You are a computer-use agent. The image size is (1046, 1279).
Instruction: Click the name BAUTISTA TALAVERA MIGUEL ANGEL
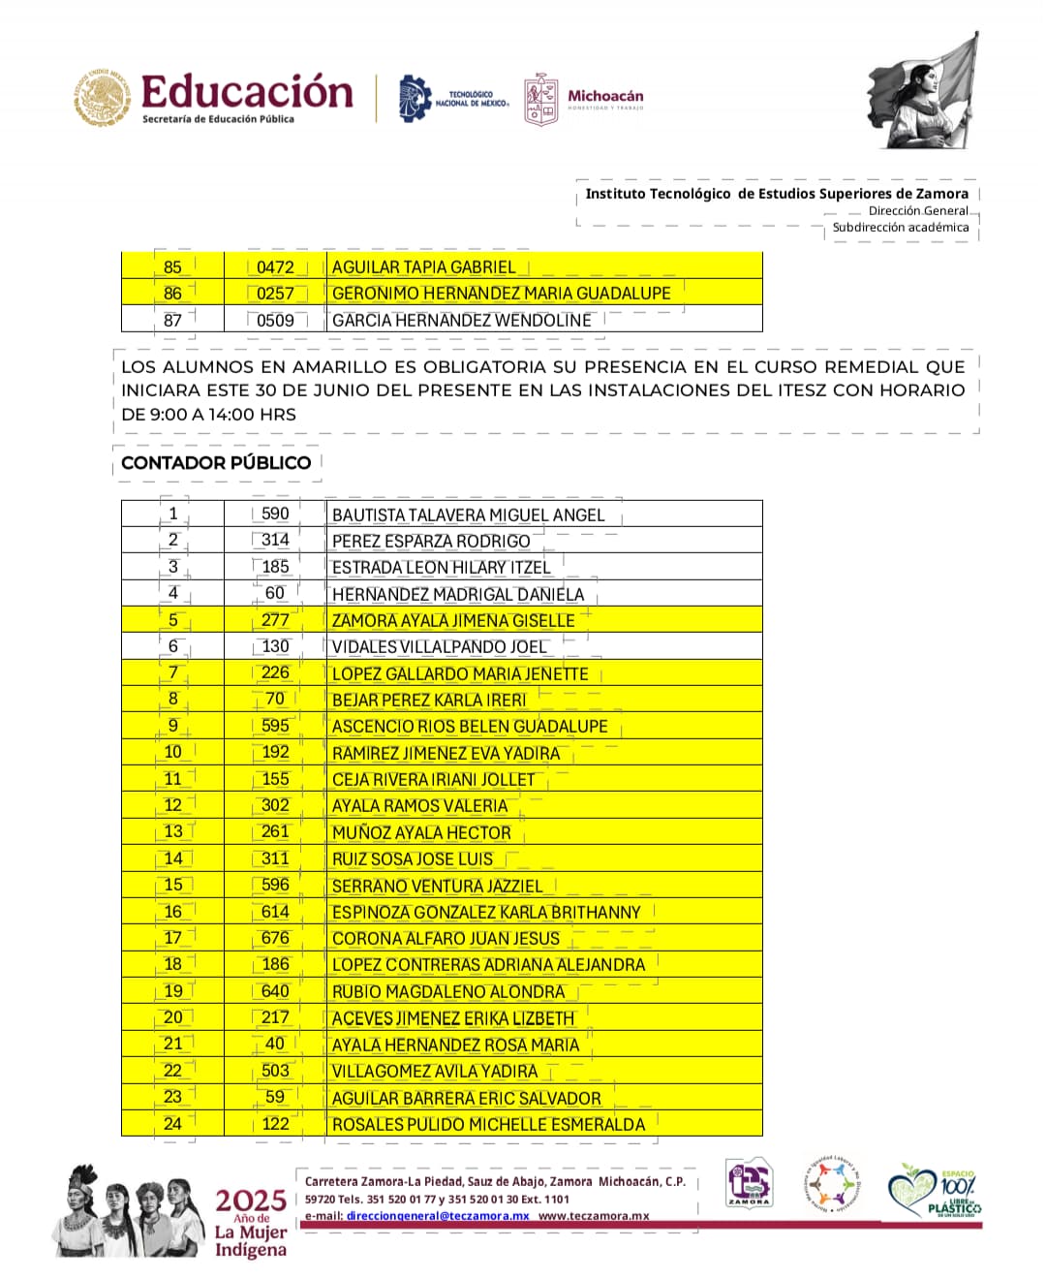[x=468, y=515]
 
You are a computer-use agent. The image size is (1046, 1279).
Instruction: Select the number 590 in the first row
[x=275, y=514]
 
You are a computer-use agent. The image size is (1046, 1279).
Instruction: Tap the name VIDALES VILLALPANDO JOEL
[x=439, y=647]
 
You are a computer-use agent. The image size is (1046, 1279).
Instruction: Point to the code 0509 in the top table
[x=275, y=321]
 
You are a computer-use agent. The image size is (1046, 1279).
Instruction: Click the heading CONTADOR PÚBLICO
[x=216, y=463]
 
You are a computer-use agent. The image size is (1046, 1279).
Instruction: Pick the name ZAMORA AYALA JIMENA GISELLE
[x=453, y=621]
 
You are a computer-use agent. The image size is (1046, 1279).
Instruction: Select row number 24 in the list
[x=172, y=1124]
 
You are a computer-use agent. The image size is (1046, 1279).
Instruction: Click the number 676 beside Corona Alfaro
[x=275, y=938]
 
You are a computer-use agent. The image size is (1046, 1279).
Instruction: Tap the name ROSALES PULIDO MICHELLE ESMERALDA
[x=488, y=1125]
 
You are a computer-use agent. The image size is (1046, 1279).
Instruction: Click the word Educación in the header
[x=247, y=92]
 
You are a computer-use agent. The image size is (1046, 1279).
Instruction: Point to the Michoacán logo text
[x=605, y=97]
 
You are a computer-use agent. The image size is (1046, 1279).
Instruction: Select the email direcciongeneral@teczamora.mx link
[x=438, y=1216]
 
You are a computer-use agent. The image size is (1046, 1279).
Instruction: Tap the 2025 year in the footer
[x=251, y=1201]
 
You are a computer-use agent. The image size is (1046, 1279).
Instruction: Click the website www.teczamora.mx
[x=594, y=1216]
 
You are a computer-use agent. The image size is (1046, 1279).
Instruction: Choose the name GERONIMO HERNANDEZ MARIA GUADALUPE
[x=501, y=294]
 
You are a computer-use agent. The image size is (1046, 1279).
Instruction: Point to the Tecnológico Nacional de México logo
[x=453, y=99]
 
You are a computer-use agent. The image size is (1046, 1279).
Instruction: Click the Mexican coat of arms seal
[x=103, y=98]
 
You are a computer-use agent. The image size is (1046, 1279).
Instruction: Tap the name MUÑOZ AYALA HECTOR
[x=421, y=833]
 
